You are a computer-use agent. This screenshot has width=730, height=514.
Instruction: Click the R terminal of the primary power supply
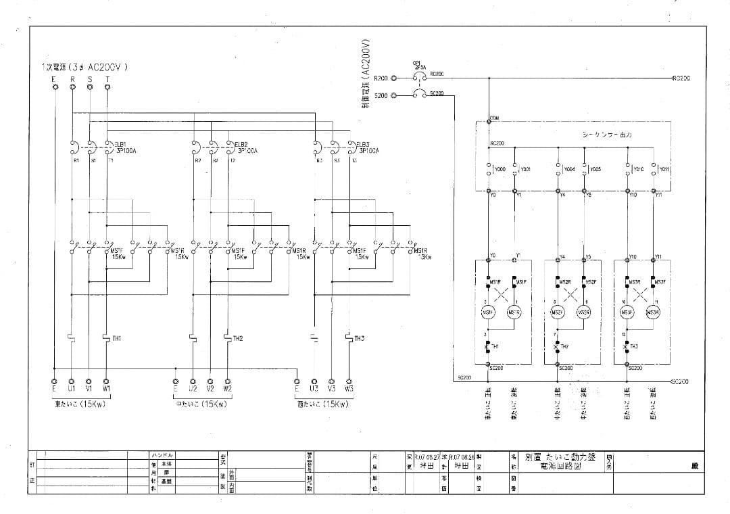[x=72, y=87]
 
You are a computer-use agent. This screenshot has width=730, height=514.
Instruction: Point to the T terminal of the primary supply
[x=107, y=87]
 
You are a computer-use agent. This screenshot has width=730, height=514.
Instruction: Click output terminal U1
[x=72, y=381]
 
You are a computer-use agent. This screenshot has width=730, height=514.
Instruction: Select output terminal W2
[x=227, y=381]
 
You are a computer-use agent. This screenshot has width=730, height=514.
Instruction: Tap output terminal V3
[x=331, y=381]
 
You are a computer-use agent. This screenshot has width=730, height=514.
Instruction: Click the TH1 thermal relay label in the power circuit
[x=117, y=337]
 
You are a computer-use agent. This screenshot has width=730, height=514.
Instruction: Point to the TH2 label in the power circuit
[x=238, y=337]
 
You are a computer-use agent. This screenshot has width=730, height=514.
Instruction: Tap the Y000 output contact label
[x=500, y=170]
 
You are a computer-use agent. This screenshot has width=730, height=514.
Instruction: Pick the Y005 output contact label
[x=595, y=170]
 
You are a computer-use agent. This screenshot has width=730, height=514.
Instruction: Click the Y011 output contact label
[x=664, y=170]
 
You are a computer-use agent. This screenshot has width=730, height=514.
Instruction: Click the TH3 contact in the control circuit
[x=626, y=346]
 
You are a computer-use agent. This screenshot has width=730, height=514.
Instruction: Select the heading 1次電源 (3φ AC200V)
[x=84, y=67]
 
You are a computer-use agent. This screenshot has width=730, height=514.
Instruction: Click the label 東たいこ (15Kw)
[x=80, y=404]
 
